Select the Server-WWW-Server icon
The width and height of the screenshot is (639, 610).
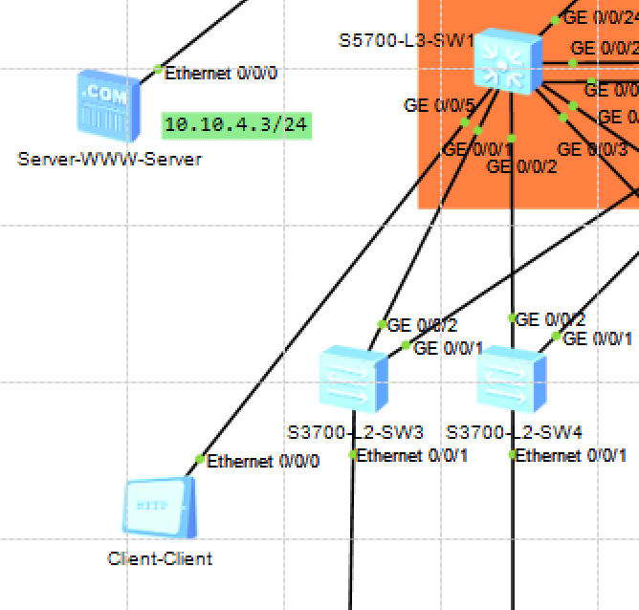(x=106, y=106)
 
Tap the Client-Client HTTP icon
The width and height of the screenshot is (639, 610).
(x=160, y=507)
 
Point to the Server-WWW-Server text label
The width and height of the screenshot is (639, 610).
(x=109, y=160)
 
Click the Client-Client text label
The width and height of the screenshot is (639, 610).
(x=160, y=558)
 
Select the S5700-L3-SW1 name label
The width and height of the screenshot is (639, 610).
(x=406, y=41)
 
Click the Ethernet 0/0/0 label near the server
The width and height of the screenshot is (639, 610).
(x=221, y=73)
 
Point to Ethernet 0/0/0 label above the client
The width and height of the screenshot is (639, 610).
(x=263, y=461)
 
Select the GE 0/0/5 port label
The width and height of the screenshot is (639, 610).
(x=439, y=105)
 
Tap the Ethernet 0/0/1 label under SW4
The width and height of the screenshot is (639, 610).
(x=572, y=455)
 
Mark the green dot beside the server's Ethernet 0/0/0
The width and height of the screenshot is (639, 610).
(x=158, y=69)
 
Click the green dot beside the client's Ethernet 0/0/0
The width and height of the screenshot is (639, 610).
(x=199, y=460)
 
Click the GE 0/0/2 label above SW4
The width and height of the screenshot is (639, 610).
(x=551, y=319)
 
